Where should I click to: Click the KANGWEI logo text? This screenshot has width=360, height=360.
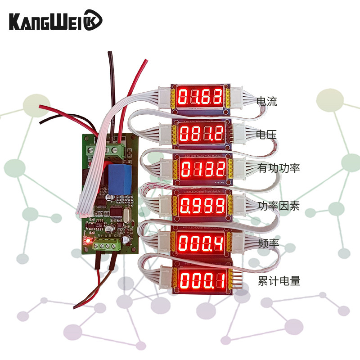click(49, 21)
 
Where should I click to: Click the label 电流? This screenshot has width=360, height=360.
click(266, 101)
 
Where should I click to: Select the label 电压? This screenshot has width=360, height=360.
click(266, 135)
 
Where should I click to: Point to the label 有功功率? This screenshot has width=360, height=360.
click(279, 169)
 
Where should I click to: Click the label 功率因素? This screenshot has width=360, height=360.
click(279, 207)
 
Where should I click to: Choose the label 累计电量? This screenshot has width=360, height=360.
click(279, 282)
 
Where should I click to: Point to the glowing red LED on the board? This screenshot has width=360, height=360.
click(88, 242)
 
